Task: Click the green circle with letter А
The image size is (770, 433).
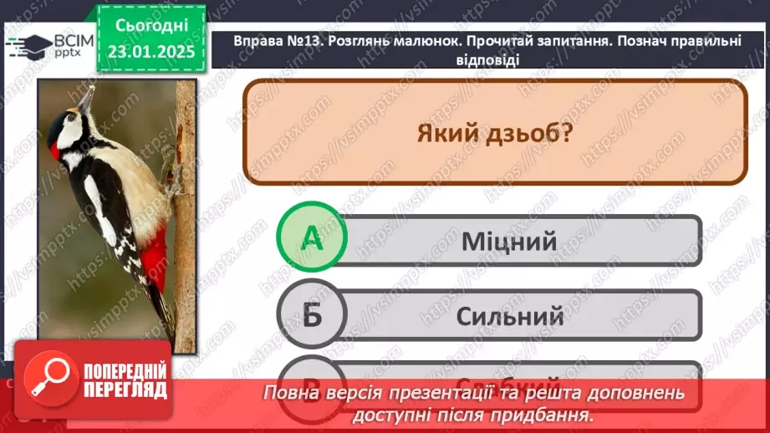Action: (311, 239)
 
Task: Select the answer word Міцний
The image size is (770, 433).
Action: (508, 242)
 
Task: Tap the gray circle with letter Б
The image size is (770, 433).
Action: (311, 315)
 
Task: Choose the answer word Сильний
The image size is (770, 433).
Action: (509, 317)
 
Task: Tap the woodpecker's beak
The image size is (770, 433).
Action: (84, 99)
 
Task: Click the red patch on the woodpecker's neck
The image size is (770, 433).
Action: (55, 151)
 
